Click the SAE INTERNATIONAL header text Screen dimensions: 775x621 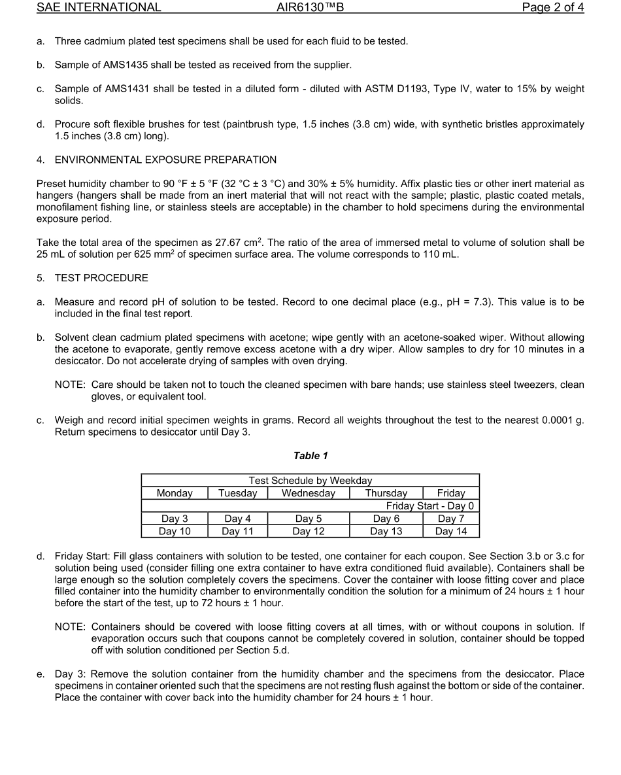point(99,8)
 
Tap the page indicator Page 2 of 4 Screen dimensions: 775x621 point(552,8)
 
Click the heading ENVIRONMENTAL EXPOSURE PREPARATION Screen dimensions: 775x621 point(165,160)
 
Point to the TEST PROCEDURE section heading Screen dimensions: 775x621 point(101,278)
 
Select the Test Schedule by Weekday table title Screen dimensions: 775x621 point(310,481)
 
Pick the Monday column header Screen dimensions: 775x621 point(175,493)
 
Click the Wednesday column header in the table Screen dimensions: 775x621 point(308,493)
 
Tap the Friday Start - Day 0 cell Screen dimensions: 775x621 point(429,506)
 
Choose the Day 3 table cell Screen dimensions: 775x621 point(175,519)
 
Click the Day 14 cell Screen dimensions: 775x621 point(451,531)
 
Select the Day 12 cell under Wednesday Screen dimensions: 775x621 point(308,531)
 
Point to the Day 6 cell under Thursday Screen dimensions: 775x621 point(386,519)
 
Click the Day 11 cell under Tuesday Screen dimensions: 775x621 point(238,531)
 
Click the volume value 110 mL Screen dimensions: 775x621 point(441,254)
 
